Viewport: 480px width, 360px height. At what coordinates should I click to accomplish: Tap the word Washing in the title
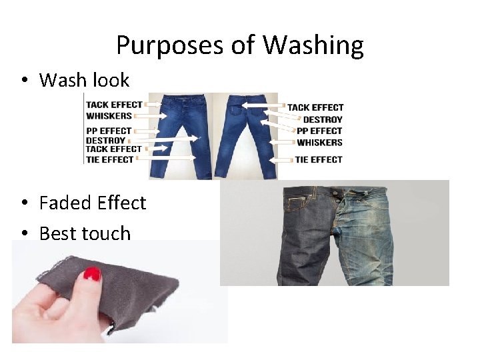pos(313,45)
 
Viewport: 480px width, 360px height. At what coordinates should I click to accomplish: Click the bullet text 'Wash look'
pos(84,80)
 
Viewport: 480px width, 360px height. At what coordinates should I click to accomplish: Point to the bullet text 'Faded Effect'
pos(92,203)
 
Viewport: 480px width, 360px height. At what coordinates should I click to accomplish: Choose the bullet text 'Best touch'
pos(85,233)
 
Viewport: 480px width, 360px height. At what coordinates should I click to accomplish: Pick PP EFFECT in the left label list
pos(109,131)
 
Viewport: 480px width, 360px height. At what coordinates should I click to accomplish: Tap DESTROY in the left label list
pos(106,141)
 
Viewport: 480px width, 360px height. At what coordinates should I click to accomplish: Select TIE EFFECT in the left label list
pos(111,159)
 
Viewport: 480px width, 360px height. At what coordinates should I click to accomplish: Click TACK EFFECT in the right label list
pos(315,107)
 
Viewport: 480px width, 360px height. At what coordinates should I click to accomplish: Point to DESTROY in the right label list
pos(323,119)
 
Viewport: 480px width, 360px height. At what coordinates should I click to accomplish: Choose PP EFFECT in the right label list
pos(319,131)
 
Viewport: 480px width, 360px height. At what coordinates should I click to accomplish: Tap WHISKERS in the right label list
pos(319,143)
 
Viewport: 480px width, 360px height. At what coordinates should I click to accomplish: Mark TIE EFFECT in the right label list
pos(319,159)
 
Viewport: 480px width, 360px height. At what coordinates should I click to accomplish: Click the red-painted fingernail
pos(92,273)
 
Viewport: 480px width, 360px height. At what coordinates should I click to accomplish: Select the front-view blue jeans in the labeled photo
pos(176,137)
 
